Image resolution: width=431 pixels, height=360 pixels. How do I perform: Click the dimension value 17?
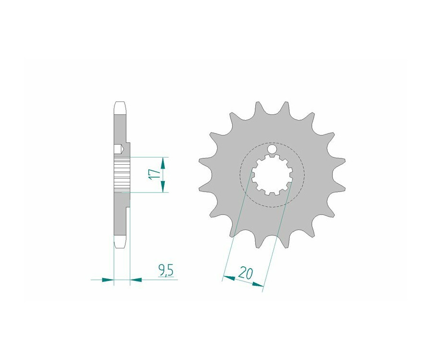[x=153, y=174]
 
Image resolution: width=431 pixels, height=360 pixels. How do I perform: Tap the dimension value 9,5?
[x=166, y=271]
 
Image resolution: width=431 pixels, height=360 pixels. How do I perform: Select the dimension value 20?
[x=246, y=273]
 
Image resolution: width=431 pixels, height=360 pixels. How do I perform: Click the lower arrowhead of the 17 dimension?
[x=163, y=187]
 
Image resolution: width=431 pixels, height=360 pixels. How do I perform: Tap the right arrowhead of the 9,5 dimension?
[x=136, y=279]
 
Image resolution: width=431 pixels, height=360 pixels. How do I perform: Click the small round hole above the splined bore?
[x=272, y=150]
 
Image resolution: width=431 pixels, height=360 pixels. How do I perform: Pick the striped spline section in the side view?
[x=122, y=174]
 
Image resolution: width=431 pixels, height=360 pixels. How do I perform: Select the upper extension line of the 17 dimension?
[x=148, y=157]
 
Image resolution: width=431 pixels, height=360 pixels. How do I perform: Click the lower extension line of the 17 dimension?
[x=148, y=192]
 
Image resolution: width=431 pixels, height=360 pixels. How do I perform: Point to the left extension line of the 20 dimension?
[x=238, y=225]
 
